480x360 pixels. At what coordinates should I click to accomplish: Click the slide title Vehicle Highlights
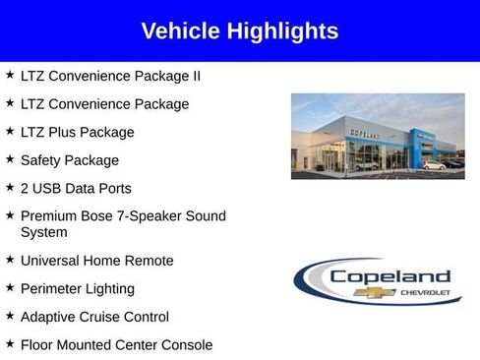240,31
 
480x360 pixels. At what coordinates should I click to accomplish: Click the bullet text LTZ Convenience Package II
110,76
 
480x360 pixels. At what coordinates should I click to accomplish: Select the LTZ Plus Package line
77,132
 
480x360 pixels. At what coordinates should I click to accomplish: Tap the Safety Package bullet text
69,160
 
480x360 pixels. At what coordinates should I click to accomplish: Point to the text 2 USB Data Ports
76,188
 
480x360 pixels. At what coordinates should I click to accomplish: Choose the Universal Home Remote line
96,261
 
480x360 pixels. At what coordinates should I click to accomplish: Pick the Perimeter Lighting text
77,289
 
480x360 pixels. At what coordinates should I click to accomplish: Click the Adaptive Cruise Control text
94,317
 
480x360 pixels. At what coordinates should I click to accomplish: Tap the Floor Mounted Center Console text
116,345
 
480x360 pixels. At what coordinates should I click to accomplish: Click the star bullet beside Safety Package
9,158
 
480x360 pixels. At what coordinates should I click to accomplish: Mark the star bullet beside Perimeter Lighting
9,287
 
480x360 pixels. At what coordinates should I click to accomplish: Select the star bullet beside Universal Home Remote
9,259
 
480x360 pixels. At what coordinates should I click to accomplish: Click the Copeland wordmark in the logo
390,276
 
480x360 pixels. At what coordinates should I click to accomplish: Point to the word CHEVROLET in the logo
425,293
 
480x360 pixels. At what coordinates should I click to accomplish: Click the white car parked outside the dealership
433,165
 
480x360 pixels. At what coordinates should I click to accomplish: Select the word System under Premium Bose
44,233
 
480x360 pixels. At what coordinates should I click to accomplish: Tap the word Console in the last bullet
185,345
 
